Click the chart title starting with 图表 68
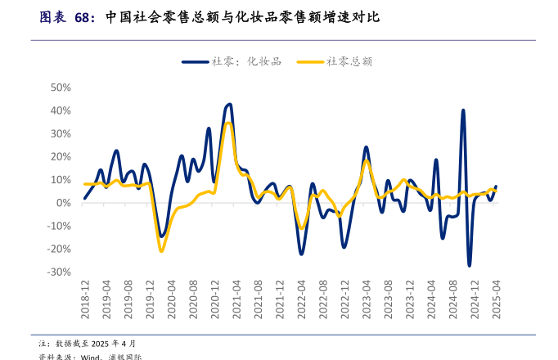coord(209,17)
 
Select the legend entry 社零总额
coord(335,61)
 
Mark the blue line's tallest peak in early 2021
coord(229,105)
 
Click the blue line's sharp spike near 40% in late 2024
coord(463,110)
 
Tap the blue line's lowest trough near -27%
coord(470,265)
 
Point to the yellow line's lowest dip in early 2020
coord(161,250)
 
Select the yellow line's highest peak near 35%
coord(229,124)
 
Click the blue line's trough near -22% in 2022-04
coord(301,254)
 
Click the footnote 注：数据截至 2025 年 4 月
coord(88,343)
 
